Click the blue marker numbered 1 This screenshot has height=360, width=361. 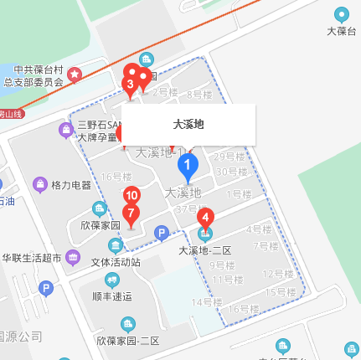[x=188, y=167]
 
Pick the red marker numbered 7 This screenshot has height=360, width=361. [x=131, y=213]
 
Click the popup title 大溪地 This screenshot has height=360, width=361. [x=188, y=125]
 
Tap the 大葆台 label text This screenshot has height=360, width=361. [x=342, y=32]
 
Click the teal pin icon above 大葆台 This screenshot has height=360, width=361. [x=342, y=14]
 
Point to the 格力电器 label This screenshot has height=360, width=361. [x=71, y=185]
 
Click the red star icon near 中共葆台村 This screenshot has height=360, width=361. [x=75, y=75]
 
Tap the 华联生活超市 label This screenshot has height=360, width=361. [x=32, y=257]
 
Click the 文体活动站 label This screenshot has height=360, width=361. [x=116, y=262]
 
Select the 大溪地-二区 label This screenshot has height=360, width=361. [x=204, y=249]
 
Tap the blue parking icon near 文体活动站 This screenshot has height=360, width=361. [x=162, y=232]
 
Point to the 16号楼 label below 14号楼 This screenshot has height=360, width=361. [x=244, y=309]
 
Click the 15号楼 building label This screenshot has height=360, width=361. [x=281, y=292]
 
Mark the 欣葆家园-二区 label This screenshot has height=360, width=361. [x=127, y=341]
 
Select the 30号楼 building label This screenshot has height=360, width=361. [x=231, y=172]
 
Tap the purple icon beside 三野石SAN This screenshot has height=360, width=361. [x=66, y=130]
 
